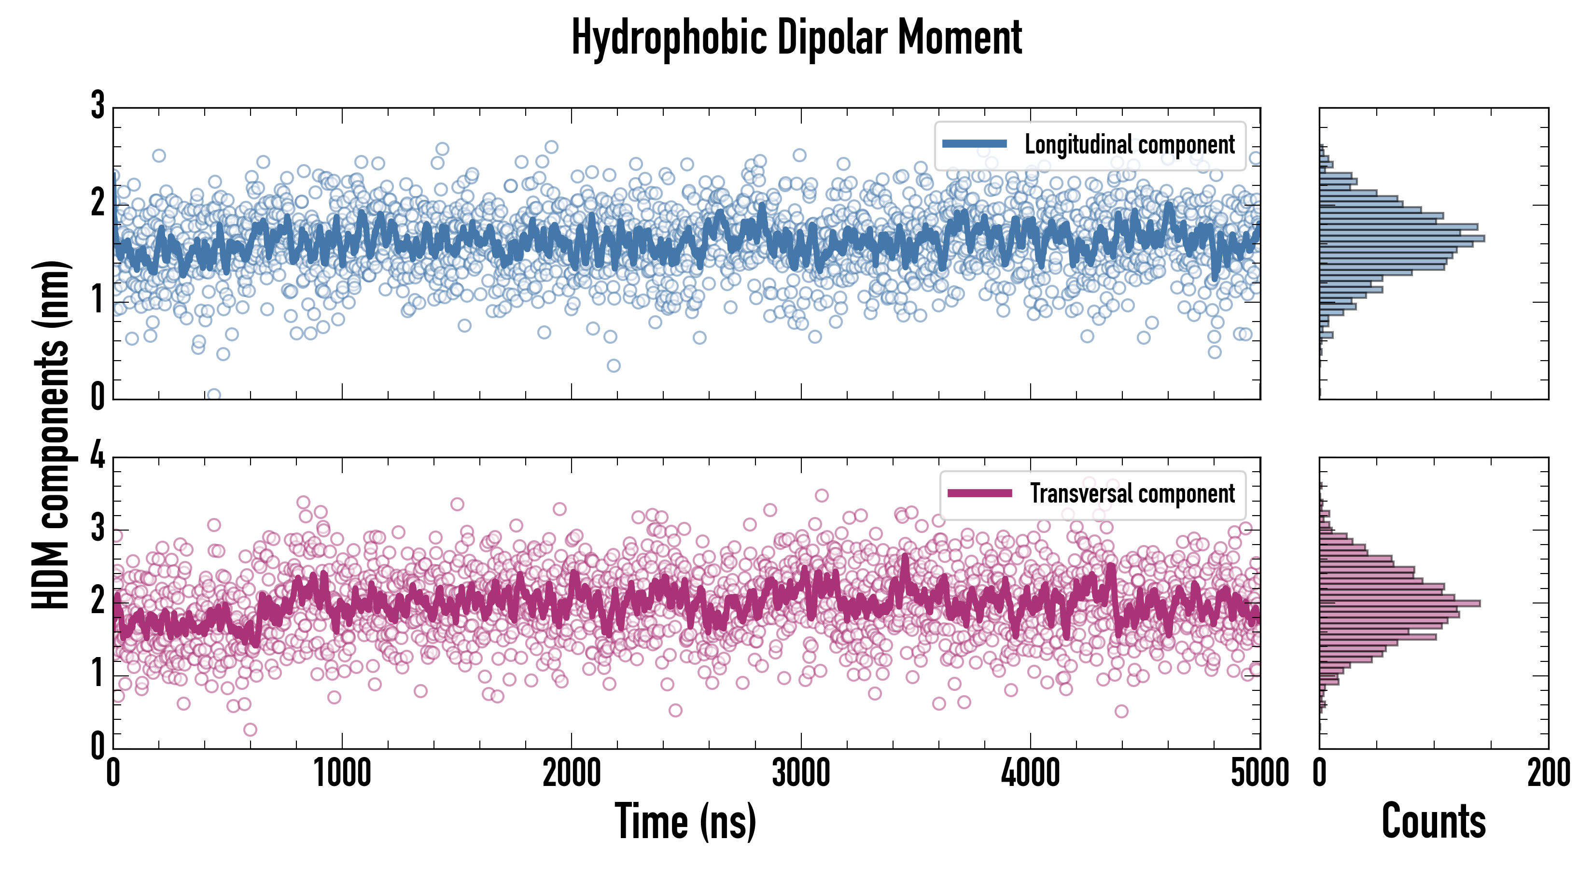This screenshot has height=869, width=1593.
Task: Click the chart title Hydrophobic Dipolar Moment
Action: point(796,38)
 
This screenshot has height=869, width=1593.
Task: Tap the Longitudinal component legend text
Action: point(1129,145)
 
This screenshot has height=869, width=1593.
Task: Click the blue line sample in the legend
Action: point(974,144)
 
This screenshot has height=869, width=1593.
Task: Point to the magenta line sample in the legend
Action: point(979,493)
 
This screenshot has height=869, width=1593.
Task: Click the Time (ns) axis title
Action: point(685,821)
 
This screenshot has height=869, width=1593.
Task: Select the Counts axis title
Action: point(1433,821)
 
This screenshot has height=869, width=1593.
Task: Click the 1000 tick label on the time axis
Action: point(342,773)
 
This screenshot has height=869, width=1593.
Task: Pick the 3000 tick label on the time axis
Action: point(801,773)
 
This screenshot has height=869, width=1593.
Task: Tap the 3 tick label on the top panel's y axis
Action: point(98,106)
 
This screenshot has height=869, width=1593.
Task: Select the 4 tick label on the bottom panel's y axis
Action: point(98,456)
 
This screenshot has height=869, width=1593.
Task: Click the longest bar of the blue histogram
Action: point(1401,238)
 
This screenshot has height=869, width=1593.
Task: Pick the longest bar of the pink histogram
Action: point(1399,603)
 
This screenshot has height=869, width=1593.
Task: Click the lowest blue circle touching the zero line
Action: point(213,394)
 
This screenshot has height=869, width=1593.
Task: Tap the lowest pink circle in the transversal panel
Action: point(250,730)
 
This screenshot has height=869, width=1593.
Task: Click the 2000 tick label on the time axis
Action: point(572,773)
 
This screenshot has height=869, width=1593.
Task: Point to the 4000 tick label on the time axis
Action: point(1030,773)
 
